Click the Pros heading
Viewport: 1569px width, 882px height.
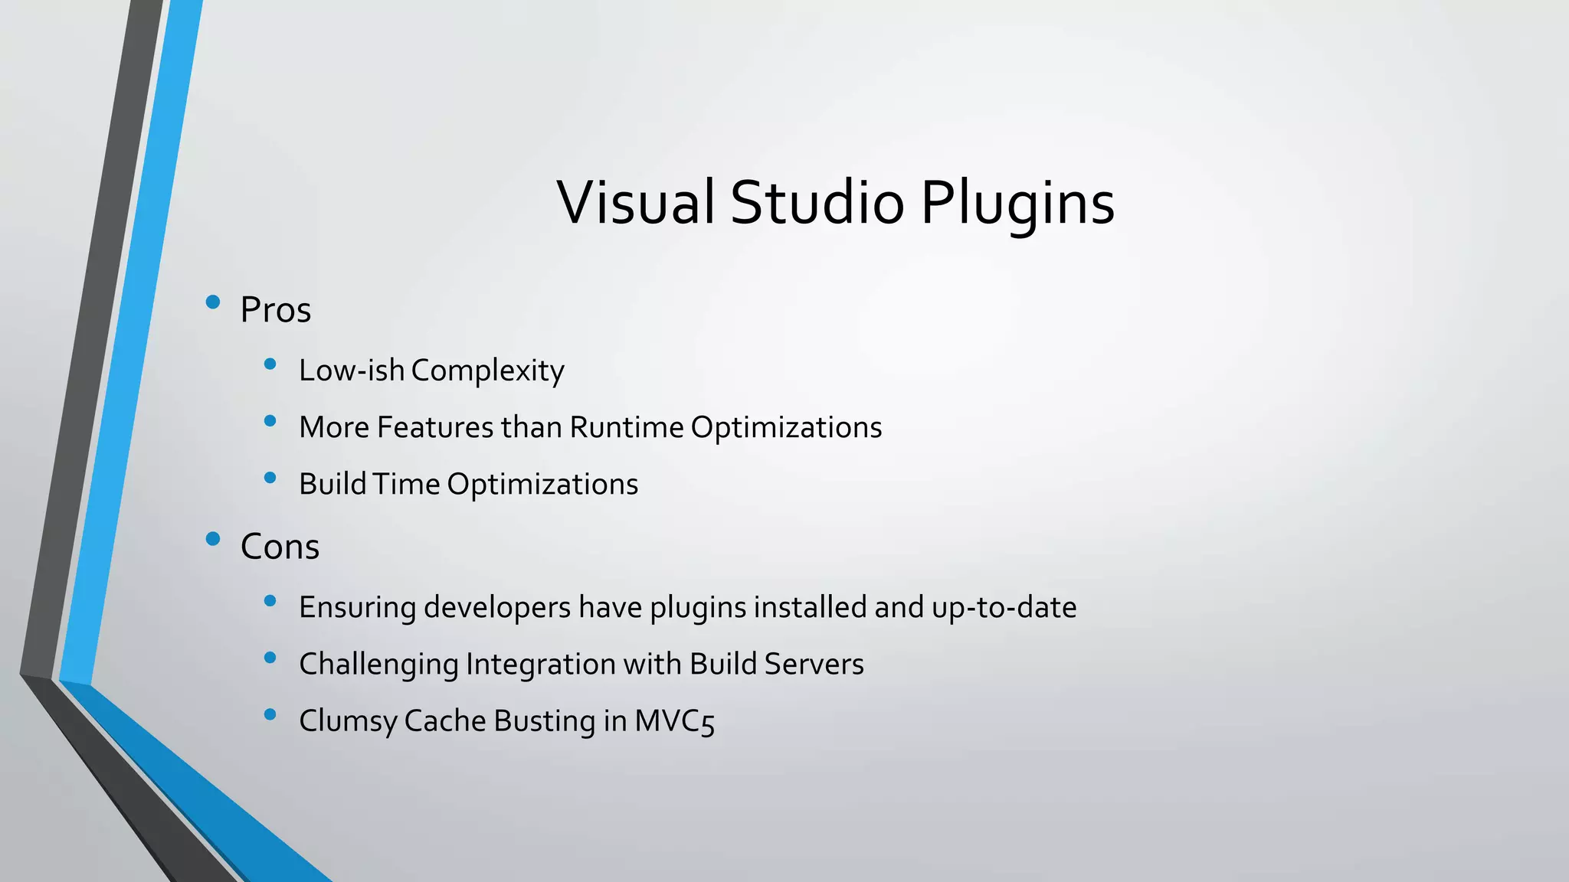[x=276, y=310]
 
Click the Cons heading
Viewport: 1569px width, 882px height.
[x=280, y=547]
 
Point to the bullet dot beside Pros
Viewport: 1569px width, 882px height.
[x=213, y=302]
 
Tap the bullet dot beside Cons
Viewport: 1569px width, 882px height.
[x=213, y=539]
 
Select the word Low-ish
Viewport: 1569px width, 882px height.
[x=351, y=370]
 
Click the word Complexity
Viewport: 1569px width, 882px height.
[x=487, y=371]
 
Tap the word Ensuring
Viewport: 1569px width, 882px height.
[x=357, y=608]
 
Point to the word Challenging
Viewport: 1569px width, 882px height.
[x=378, y=665]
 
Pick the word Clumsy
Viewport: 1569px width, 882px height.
[x=348, y=721]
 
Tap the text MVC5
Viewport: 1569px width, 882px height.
[x=674, y=721]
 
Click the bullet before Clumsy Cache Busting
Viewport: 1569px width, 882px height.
[x=270, y=715]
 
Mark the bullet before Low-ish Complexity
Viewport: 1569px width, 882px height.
[x=270, y=364]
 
